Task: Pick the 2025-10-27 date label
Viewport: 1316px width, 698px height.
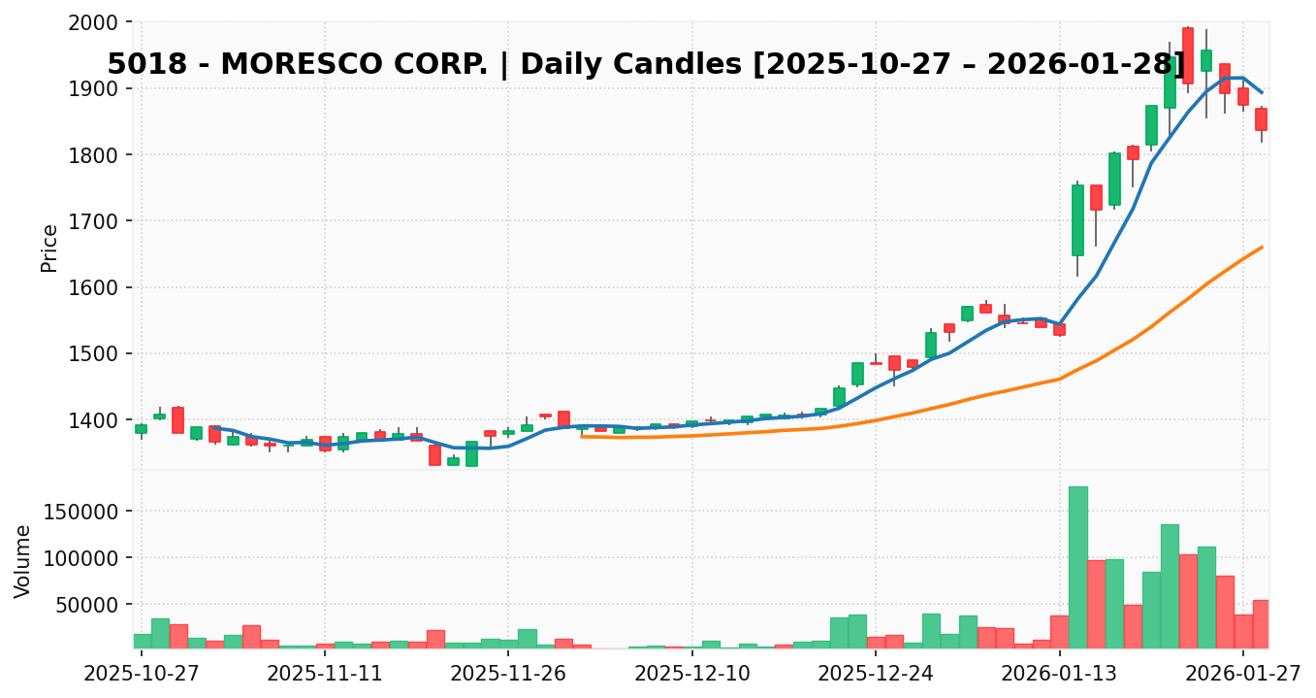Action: click(142, 673)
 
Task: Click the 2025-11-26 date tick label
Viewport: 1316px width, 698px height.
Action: click(508, 673)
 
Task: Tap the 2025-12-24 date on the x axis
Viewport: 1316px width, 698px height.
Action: click(876, 673)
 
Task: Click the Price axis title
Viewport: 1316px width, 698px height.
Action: click(50, 248)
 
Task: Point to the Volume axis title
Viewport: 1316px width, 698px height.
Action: click(23, 561)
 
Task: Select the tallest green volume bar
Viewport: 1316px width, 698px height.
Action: click(1077, 568)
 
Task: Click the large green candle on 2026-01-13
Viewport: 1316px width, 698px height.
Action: click(1077, 219)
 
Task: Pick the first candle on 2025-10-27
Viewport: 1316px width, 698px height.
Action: click(142, 429)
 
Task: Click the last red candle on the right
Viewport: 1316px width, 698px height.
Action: click(1261, 119)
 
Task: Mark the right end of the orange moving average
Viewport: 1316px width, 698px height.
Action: click(1261, 248)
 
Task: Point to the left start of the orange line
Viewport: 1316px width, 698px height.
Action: click(582, 436)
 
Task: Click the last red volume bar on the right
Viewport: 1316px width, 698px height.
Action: click(1261, 624)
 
